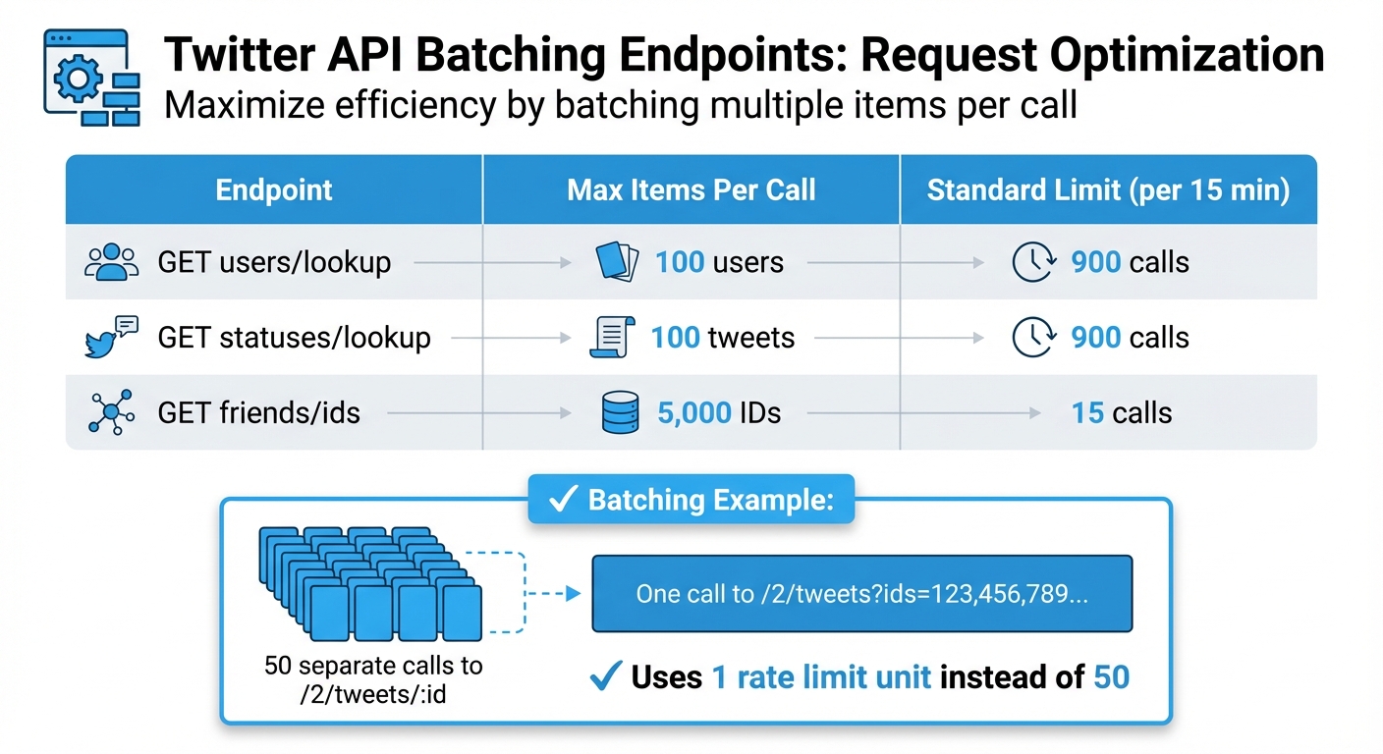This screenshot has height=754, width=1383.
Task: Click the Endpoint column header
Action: click(274, 189)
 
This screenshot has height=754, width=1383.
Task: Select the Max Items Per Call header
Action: click(691, 189)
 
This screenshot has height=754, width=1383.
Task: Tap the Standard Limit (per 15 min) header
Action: click(1108, 189)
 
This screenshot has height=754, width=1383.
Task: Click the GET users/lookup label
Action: click(274, 263)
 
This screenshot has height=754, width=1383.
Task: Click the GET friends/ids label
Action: click(258, 412)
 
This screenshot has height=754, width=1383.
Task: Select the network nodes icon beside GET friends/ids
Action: click(110, 412)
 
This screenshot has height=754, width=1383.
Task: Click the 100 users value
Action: click(719, 263)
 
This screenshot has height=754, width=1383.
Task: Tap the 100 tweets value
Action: click(722, 338)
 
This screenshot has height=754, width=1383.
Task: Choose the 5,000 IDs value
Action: click(719, 412)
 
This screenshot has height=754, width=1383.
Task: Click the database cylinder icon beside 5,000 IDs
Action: click(619, 412)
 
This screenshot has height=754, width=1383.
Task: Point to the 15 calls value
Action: click(1122, 412)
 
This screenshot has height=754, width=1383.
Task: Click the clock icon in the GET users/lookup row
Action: click(1033, 263)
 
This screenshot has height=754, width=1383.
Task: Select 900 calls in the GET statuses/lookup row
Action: click(1130, 338)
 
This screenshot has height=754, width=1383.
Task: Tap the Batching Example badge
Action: click(691, 501)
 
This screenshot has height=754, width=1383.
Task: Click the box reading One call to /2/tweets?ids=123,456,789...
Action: click(861, 593)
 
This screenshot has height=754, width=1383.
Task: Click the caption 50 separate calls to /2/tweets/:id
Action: click(373, 678)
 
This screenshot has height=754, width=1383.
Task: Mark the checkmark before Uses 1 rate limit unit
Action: click(607, 676)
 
